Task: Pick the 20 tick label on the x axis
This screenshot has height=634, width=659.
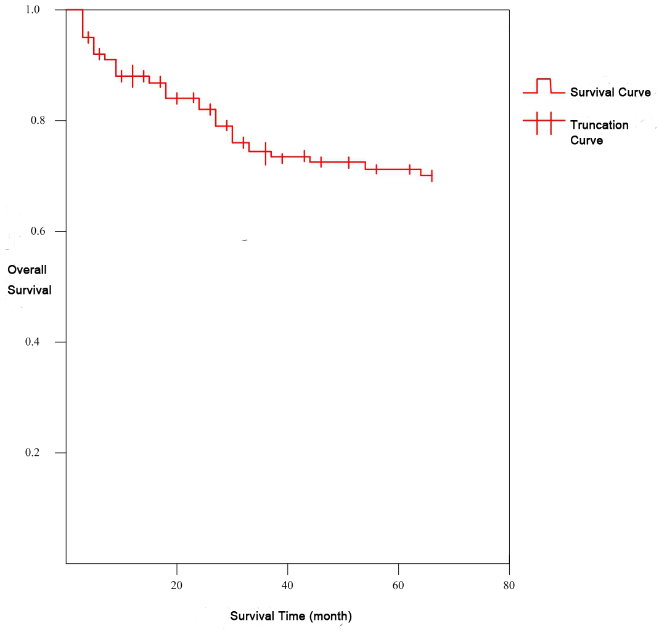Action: point(177,585)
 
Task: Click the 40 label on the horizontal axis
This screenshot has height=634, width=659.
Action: point(288,585)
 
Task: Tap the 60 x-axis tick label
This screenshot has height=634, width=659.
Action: point(399,585)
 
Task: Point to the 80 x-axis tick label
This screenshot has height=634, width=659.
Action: point(509,585)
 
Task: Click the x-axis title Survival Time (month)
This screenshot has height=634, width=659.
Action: point(291,616)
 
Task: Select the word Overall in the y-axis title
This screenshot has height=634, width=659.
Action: point(27,269)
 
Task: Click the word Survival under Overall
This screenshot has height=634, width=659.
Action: point(30,290)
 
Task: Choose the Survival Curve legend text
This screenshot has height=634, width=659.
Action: point(610,92)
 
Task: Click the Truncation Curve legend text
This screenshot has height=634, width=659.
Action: point(599,132)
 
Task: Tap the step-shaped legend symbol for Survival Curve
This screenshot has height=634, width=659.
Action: point(544,86)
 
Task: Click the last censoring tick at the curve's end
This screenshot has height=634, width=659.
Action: point(432,176)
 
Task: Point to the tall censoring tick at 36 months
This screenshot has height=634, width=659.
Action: point(266,153)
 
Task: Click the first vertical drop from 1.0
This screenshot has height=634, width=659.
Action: point(83,23)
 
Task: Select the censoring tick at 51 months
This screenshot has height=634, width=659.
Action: point(349,162)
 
